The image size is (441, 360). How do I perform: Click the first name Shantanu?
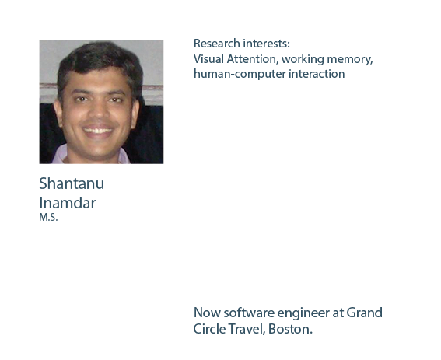click(72, 183)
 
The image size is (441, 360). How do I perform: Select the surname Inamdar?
click(68, 203)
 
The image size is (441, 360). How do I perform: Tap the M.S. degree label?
click(48, 218)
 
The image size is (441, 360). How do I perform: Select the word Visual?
click(208, 59)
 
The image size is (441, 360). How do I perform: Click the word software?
click(249, 313)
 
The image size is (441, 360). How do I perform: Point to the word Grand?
click(364, 313)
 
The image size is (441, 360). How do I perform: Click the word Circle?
click(209, 329)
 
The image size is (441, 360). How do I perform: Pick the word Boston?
click(290, 329)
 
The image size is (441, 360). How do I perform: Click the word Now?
click(207, 313)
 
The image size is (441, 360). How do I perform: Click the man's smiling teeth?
click(97, 131)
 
